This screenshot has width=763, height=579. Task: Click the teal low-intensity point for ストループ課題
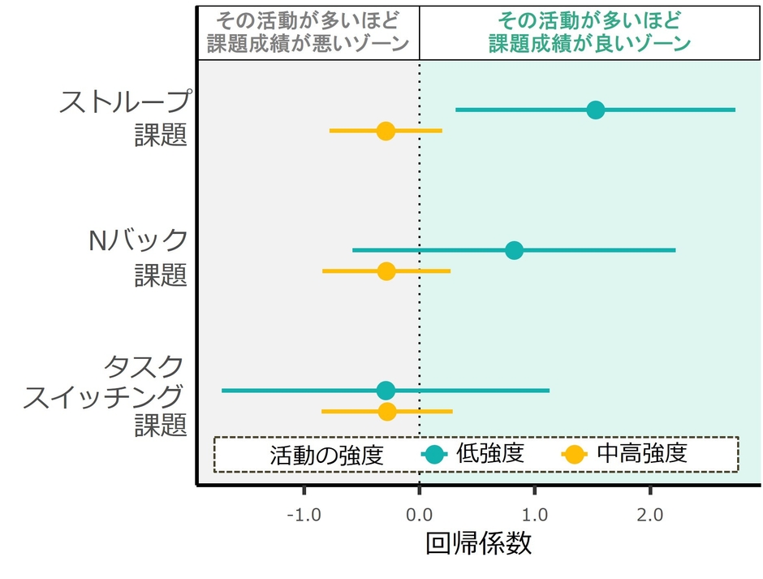pyautogui.click(x=595, y=110)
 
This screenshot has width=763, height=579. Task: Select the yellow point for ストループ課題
pyautogui.click(x=386, y=131)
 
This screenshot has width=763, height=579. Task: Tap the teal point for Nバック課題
pyautogui.click(x=514, y=250)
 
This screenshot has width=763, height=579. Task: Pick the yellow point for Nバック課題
pyautogui.click(x=386, y=271)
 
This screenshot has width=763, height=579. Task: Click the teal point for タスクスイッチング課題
pyautogui.click(x=386, y=391)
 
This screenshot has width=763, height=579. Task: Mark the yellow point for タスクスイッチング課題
pyautogui.click(x=387, y=412)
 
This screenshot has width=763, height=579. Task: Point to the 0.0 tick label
pyautogui.click(x=419, y=514)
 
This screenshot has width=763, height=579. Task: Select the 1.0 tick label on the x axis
pyautogui.click(x=534, y=514)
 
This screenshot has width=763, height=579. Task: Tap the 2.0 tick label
pyautogui.click(x=650, y=514)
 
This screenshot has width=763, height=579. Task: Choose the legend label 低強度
pyautogui.click(x=490, y=454)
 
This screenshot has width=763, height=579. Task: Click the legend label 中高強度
pyautogui.click(x=641, y=454)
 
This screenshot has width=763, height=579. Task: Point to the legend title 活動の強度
pyautogui.click(x=325, y=456)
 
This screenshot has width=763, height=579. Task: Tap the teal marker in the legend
pyautogui.click(x=434, y=456)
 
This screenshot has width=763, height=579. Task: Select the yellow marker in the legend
pyautogui.click(x=575, y=456)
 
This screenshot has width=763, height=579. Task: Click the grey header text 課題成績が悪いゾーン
pyautogui.click(x=308, y=44)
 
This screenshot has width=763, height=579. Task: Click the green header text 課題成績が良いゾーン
pyautogui.click(x=589, y=44)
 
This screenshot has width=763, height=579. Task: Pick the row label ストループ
pyautogui.click(x=125, y=102)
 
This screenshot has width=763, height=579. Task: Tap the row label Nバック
pyautogui.click(x=137, y=241)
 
